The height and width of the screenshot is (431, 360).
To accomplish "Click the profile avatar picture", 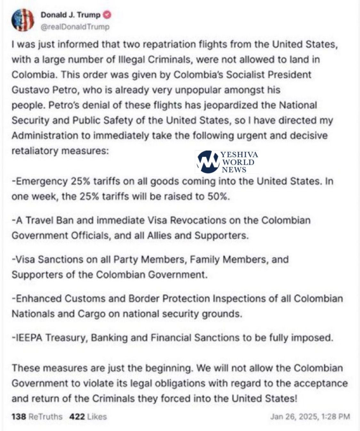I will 22,20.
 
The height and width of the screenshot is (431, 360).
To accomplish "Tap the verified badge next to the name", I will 107,15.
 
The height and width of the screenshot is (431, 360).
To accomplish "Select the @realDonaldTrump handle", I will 75,27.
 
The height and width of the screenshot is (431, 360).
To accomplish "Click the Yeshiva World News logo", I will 227,162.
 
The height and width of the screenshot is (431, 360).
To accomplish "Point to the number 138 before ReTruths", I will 19,417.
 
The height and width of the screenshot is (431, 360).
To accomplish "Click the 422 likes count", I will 77,417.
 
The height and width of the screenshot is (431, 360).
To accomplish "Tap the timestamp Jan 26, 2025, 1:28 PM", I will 310,417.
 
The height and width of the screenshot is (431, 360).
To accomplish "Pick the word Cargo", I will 91,314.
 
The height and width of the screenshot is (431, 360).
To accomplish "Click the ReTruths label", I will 45,417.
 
